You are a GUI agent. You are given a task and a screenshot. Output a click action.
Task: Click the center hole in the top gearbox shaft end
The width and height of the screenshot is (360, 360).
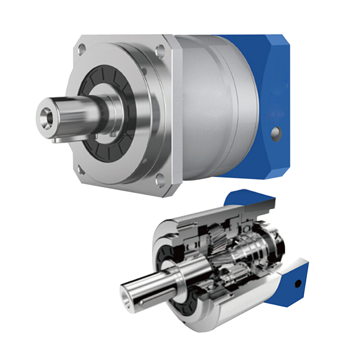tap(47, 114)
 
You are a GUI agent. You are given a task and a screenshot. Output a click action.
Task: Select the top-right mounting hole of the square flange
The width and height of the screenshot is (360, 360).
tap(160, 48)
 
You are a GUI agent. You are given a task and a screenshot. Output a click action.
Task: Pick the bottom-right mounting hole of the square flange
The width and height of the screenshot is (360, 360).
tap(160, 180)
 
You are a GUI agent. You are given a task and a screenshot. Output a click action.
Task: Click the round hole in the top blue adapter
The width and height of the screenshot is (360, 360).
tap(275, 132)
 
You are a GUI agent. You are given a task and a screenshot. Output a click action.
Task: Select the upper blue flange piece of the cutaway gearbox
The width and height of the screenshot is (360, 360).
tap(252, 202)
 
